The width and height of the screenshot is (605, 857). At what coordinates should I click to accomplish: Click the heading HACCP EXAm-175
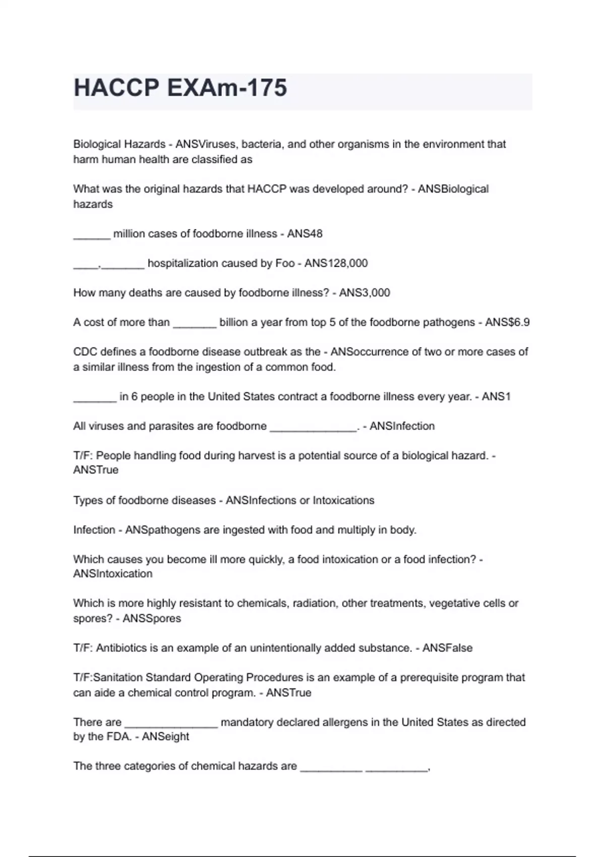(180, 88)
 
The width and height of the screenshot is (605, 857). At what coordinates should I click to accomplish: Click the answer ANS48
(305, 234)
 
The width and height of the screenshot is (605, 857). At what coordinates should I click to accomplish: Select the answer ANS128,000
(336, 263)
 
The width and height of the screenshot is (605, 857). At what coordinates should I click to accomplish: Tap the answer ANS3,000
(365, 293)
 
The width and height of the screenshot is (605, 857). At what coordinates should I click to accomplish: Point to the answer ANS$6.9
(507, 323)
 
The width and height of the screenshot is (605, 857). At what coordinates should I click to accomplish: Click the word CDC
(84, 352)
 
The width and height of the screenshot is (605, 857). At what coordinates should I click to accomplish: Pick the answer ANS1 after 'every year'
(496, 397)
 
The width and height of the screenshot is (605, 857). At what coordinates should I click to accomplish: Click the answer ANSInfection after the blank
(402, 426)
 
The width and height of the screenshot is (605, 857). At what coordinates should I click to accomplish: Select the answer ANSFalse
(447, 648)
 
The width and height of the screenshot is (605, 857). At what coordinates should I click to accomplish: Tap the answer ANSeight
(165, 737)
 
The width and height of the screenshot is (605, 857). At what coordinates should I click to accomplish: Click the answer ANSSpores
(152, 619)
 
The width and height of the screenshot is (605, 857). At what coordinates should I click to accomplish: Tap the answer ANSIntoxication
(112, 574)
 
